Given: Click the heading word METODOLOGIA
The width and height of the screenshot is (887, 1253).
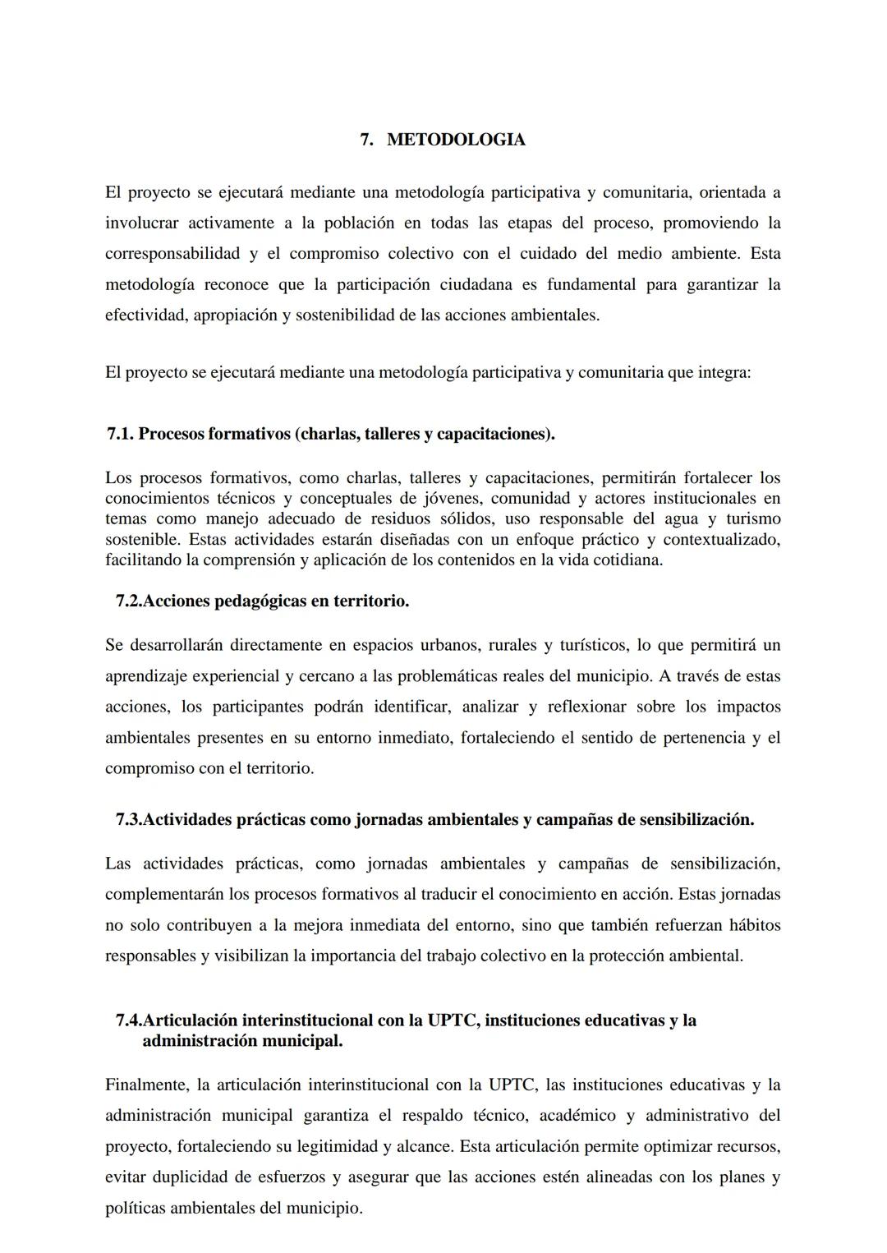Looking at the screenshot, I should tap(456, 140).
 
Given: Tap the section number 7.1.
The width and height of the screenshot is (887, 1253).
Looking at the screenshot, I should tap(120, 434).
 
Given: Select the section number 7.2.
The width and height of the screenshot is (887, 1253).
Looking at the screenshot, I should tap(129, 601).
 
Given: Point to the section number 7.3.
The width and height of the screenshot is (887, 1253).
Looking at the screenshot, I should tap(129, 820).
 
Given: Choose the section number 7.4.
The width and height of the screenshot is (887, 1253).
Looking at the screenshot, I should tap(129, 1020).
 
